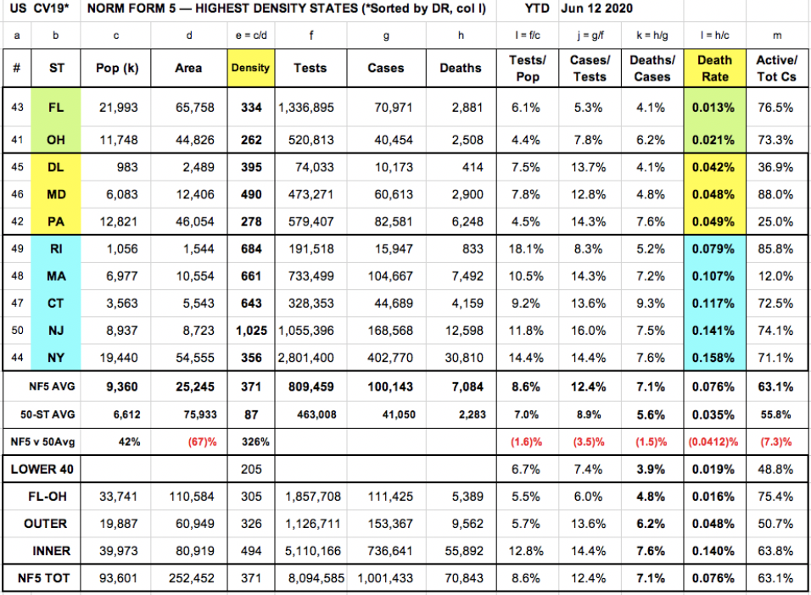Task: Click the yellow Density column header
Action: [x=249, y=68]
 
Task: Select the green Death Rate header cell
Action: [x=714, y=68]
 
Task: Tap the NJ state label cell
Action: [x=57, y=331]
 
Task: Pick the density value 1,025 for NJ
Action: [x=252, y=331]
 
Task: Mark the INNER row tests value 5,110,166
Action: [x=310, y=551]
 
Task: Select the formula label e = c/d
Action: [x=249, y=37]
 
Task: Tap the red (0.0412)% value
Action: [x=713, y=442]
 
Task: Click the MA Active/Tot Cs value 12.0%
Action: [x=775, y=276]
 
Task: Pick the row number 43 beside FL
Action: [x=17, y=108]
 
